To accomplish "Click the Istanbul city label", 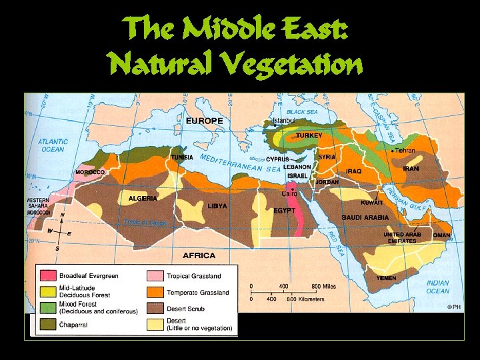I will (284, 121).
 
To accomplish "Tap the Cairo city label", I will (289, 193).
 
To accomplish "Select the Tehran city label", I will (405, 151).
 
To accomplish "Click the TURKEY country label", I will (309, 135).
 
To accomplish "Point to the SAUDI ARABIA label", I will (365, 217).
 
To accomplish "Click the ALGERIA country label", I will (142, 198).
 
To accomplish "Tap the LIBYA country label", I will (217, 206).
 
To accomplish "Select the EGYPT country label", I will (284, 210).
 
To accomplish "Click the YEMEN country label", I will (385, 278).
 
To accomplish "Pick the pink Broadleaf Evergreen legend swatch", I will (47, 275).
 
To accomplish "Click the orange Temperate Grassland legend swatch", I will (155, 292).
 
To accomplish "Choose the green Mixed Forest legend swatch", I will (47, 307).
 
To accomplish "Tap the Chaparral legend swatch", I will (47, 324).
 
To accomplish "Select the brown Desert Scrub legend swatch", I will (155, 308).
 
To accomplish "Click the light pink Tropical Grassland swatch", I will (155, 275).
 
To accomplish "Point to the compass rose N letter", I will (62, 215).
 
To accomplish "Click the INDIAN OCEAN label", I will (437, 287).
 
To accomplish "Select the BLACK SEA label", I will (302, 112).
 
